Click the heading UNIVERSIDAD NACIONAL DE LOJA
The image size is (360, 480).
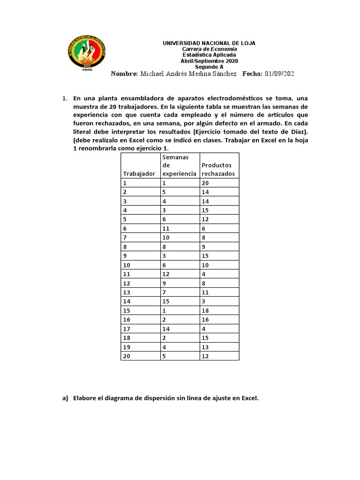coord(209,43)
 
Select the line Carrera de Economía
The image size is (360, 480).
coord(209,49)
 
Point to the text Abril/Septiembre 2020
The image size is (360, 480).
coord(209,61)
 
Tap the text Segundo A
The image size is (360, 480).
coord(209,67)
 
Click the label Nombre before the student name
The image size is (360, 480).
coord(124,74)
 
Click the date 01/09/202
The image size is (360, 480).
coord(280,74)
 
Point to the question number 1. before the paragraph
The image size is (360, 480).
coord(65,98)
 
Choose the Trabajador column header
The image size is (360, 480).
coord(139,173)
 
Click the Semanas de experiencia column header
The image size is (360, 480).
coord(179,165)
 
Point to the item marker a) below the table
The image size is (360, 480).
coord(65,398)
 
